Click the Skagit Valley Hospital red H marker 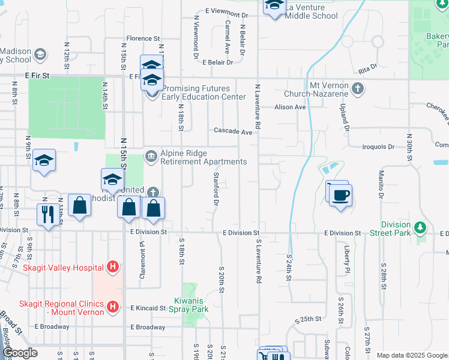(112, 266)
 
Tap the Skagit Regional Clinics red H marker (112, 308)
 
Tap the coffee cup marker (341, 195)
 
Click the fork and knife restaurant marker (47, 214)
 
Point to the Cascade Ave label (234, 131)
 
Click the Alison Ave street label (291, 107)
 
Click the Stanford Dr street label (215, 189)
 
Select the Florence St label (139, 38)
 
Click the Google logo (20, 353)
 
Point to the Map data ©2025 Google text (412, 355)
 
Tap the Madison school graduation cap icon (40, 55)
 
